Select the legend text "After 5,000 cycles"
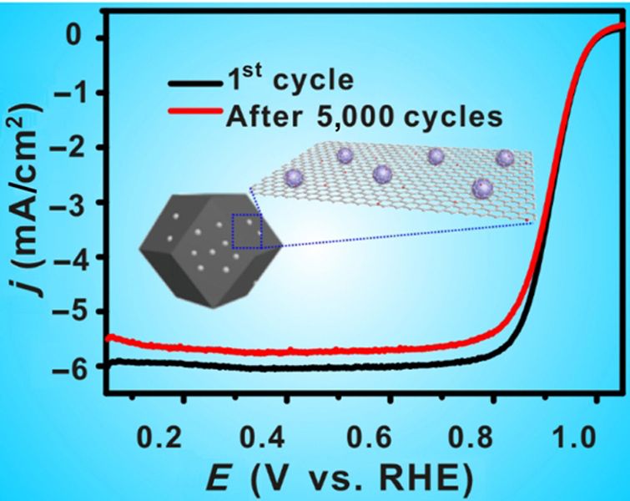(x=365, y=118)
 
